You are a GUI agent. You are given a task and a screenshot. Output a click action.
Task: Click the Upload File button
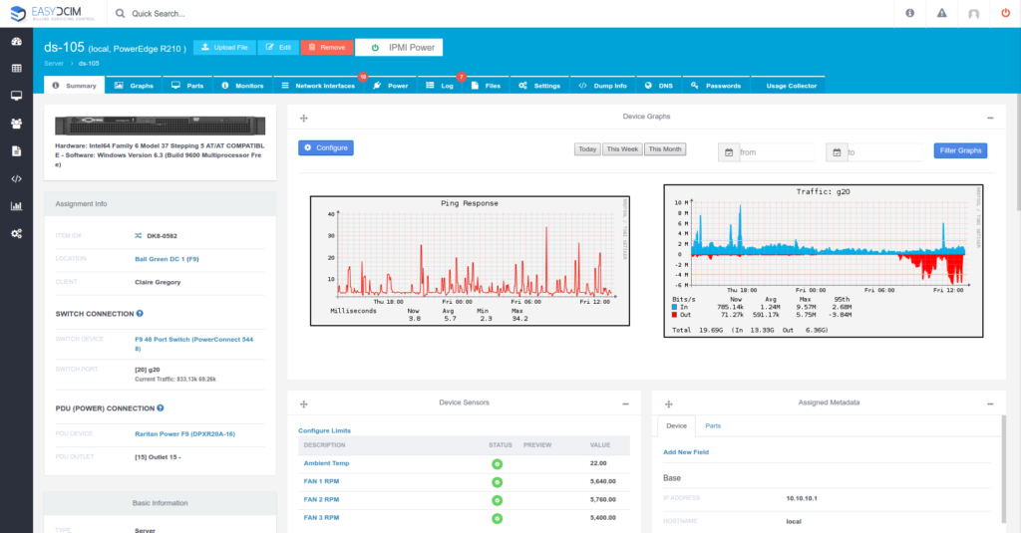pyautogui.click(x=223, y=47)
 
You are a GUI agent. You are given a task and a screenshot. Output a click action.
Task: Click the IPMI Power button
pyautogui.click(x=399, y=47)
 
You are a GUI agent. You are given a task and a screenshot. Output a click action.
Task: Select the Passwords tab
pyautogui.click(x=717, y=86)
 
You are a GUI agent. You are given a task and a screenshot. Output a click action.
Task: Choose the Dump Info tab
pyautogui.click(x=603, y=86)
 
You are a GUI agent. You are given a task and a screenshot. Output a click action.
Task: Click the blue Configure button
pyautogui.click(x=326, y=147)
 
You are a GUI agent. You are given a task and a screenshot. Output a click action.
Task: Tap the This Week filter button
pyautogui.click(x=622, y=149)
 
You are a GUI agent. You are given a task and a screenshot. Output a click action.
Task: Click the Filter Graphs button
pyautogui.click(x=960, y=150)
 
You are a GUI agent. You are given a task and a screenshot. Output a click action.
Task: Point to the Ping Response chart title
pyautogui.click(x=469, y=203)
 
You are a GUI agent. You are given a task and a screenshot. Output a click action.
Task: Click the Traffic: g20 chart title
pyautogui.click(x=823, y=190)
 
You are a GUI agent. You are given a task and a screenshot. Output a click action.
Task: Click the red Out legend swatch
pyautogui.click(x=676, y=316)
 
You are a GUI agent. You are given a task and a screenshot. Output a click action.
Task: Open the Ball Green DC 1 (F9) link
pyautogui.click(x=168, y=259)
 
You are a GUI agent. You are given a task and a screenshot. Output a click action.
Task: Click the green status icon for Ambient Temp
pyautogui.click(x=497, y=464)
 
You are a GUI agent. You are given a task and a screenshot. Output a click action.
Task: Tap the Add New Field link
pyautogui.click(x=687, y=452)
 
